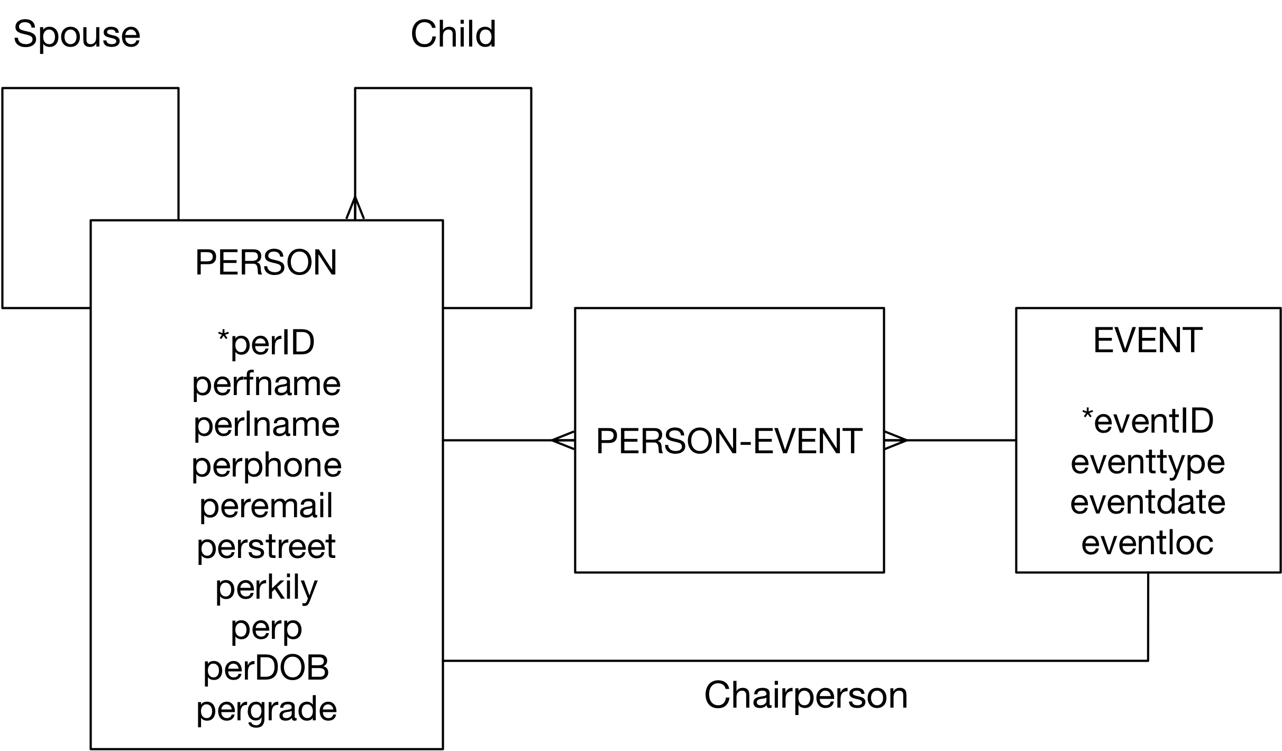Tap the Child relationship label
click(x=453, y=34)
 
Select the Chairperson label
click(x=805, y=696)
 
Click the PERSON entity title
click(x=266, y=262)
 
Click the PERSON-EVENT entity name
click(x=729, y=441)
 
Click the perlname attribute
click(x=266, y=424)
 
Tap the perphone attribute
click(x=267, y=465)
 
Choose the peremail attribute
click(x=266, y=506)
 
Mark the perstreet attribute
click(x=266, y=546)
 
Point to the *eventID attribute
click(x=1148, y=421)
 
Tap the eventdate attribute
click(x=1148, y=502)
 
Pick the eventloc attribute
click(x=1148, y=543)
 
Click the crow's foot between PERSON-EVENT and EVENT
click(x=896, y=440)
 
